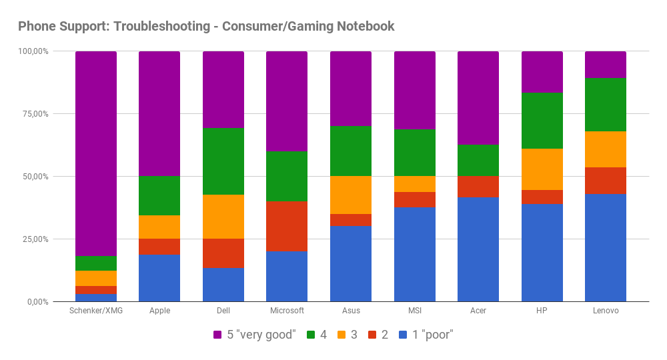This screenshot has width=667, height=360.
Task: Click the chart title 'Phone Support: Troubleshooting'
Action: pos(206,27)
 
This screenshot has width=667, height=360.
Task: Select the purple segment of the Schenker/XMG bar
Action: pos(96,153)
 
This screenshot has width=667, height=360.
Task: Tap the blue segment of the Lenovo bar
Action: pos(606,248)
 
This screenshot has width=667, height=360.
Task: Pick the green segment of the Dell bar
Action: pos(223,161)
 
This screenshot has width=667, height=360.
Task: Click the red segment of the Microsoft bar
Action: pos(287,226)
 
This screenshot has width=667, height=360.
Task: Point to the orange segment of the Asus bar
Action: pos(351,195)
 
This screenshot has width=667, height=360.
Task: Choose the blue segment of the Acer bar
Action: pos(478,249)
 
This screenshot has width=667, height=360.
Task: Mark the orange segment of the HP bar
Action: pos(542,169)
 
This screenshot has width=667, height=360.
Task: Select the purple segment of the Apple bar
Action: pos(159,113)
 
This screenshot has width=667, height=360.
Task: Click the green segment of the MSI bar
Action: pos(415,153)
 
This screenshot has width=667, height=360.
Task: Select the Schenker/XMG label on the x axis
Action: pos(96,311)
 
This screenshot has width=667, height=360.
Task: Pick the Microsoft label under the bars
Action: pos(287,311)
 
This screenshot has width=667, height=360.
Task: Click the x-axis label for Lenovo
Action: pos(606,311)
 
